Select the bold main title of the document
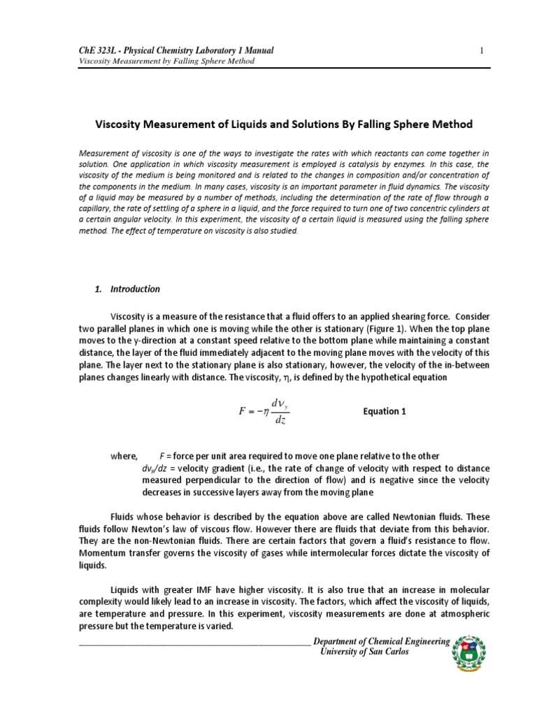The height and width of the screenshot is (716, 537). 283,124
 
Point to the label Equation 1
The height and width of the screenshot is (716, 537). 385,412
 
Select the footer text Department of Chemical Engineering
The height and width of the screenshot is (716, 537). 382,642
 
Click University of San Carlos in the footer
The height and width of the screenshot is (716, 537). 363,652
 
